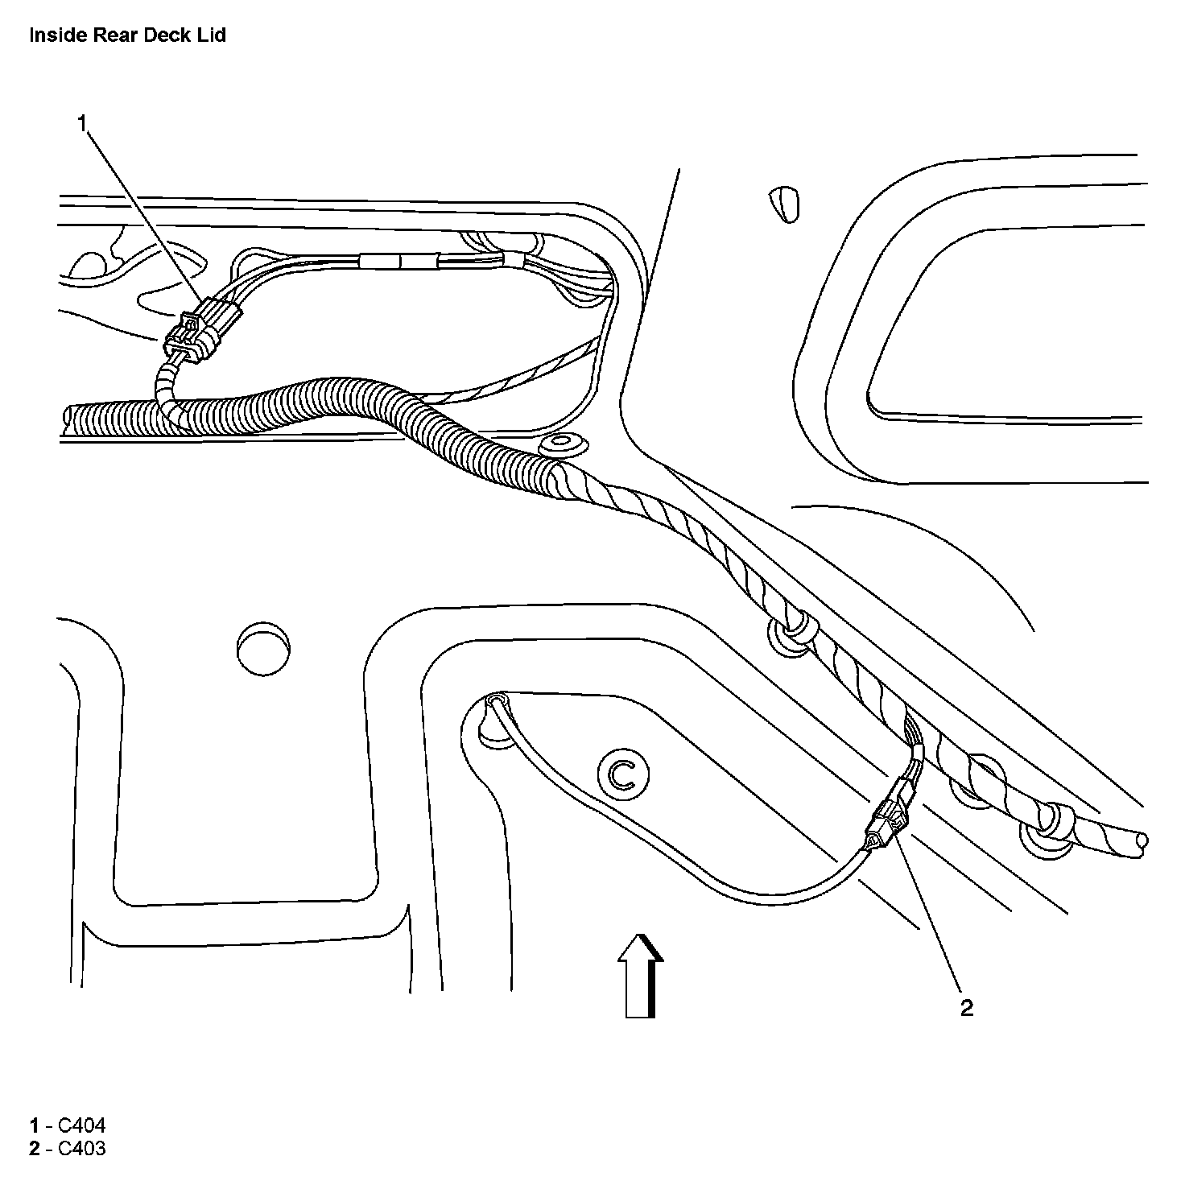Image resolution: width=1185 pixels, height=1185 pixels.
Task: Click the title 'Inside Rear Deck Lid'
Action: point(127,35)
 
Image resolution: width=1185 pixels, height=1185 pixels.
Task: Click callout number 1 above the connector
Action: point(82,122)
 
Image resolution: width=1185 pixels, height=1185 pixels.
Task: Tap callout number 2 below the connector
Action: point(966,1008)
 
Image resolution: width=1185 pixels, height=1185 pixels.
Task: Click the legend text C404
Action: point(76,1125)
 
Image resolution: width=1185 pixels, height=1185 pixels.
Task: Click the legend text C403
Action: point(76,1148)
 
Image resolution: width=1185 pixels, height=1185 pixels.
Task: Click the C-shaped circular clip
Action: point(622,774)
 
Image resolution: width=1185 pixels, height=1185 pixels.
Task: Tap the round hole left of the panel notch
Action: point(263,645)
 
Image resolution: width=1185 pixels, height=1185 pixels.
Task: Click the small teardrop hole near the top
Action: point(785,205)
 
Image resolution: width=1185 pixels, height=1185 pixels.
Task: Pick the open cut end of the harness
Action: point(1142,842)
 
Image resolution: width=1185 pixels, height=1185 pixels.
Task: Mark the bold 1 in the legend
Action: point(34,1125)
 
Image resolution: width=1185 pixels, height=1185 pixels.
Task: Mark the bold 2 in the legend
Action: point(34,1148)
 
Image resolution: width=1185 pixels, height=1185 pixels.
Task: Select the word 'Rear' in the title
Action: point(111,35)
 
